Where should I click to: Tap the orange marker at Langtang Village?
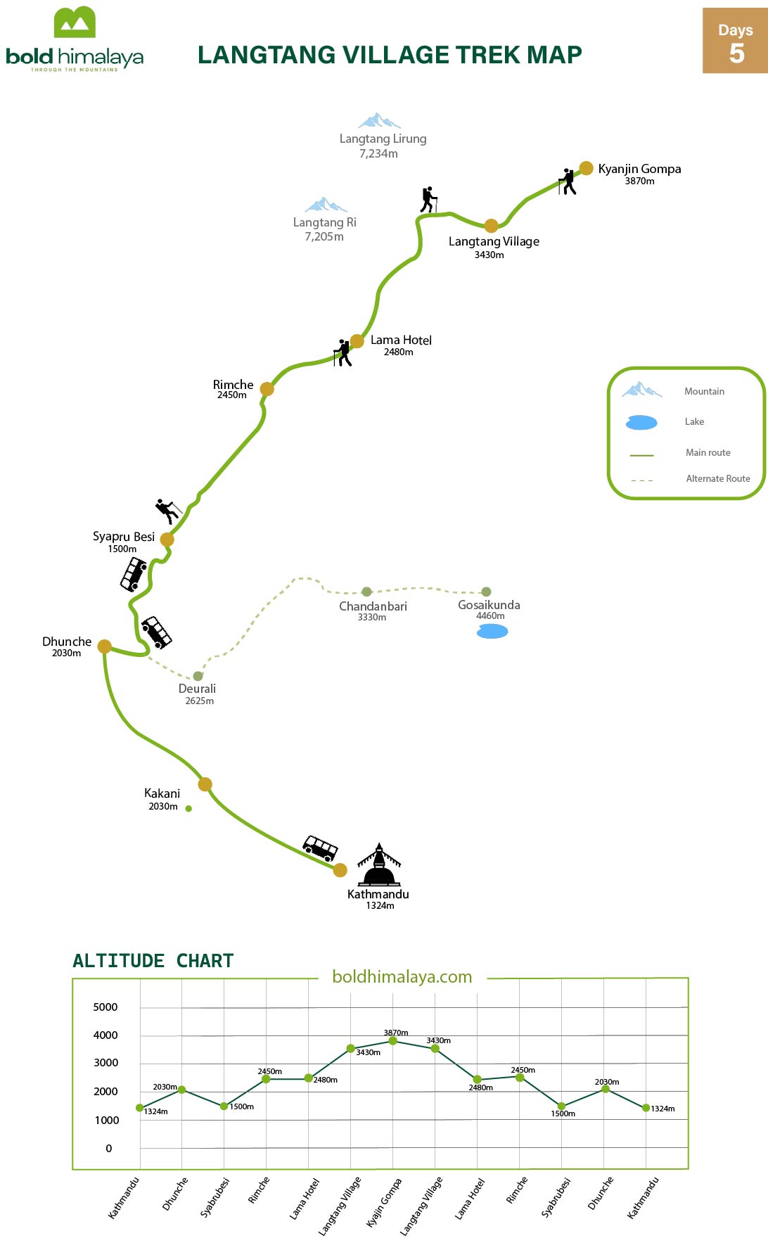(492, 226)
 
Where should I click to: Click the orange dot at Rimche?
(267, 389)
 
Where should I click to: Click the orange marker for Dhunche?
(104, 646)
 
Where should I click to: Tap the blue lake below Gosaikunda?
(492, 631)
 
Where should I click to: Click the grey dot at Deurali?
(198, 676)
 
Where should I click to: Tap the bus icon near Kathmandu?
(320, 848)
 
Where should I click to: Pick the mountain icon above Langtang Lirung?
(380, 120)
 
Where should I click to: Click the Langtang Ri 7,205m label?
(324, 229)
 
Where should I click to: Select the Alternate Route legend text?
(718, 478)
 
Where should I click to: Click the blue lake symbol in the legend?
(641, 422)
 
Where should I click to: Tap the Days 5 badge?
(735, 41)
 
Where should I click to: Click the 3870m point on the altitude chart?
(393, 1041)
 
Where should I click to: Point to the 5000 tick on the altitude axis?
(105, 1007)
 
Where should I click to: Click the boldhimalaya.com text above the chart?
(402, 976)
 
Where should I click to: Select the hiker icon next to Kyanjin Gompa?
(568, 181)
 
